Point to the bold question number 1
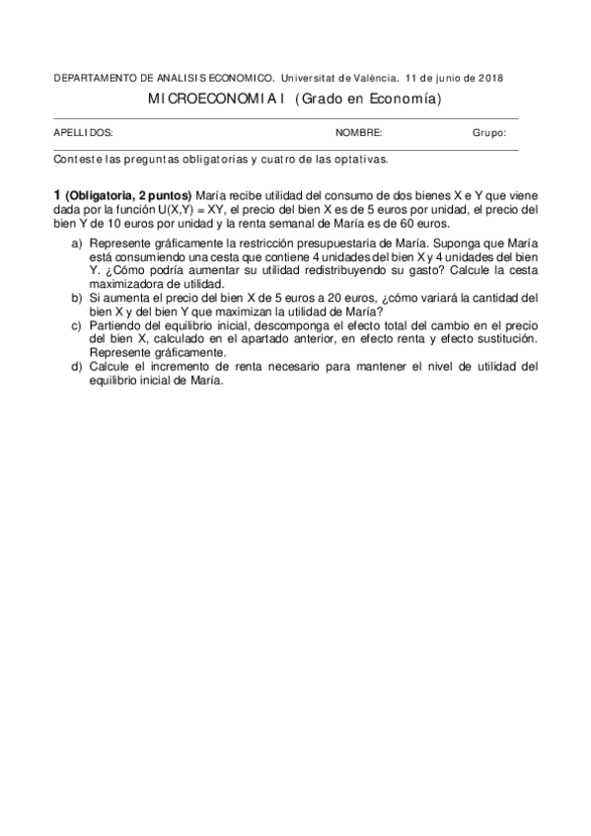coord(57,195)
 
